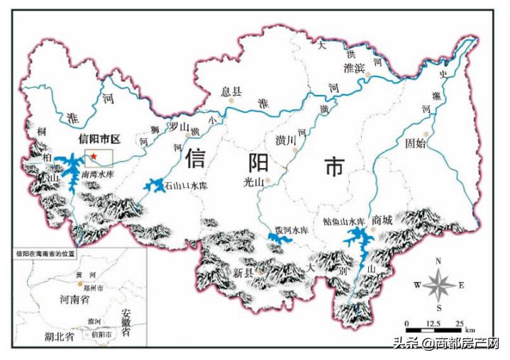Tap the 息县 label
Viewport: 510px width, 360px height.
pos(231,91)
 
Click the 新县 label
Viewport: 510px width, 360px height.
pos(243,273)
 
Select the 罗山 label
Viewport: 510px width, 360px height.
pos(178,125)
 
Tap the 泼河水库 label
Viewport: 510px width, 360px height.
pos(292,231)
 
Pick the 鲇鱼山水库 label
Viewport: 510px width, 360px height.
pos(343,221)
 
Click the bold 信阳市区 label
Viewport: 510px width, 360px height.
pos(100,138)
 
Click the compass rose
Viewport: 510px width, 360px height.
pos(438,286)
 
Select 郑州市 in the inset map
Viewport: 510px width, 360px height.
pos(94,288)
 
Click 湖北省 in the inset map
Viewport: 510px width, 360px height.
pos(59,336)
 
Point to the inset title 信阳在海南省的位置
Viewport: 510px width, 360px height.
pos(45,253)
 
